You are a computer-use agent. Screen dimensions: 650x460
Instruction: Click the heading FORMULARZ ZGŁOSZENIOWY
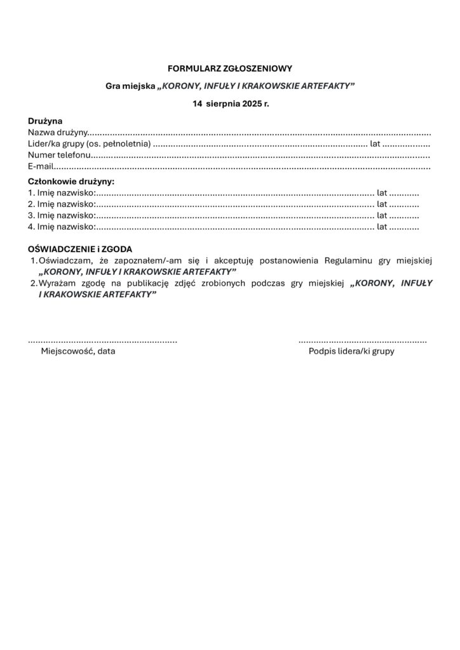(x=230, y=67)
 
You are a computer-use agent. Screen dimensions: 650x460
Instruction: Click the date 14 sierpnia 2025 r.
(x=231, y=103)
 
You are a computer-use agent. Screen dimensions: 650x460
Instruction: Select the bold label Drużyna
(x=45, y=121)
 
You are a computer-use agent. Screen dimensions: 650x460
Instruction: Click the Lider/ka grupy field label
(x=89, y=144)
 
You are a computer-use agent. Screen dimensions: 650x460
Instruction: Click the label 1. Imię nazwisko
(x=62, y=192)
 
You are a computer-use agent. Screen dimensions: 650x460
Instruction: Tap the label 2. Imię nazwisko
(x=62, y=204)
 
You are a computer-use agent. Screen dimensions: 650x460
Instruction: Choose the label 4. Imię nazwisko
(x=62, y=226)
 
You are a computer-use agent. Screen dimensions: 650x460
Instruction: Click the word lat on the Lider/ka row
(x=375, y=144)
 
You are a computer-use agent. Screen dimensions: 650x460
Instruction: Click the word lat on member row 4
(x=382, y=226)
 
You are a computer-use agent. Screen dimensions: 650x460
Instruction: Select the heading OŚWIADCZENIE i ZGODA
(x=80, y=249)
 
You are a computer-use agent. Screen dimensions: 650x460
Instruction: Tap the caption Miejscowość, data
(x=78, y=351)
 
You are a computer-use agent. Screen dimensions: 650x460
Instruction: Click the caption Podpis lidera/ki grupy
(x=351, y=351)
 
